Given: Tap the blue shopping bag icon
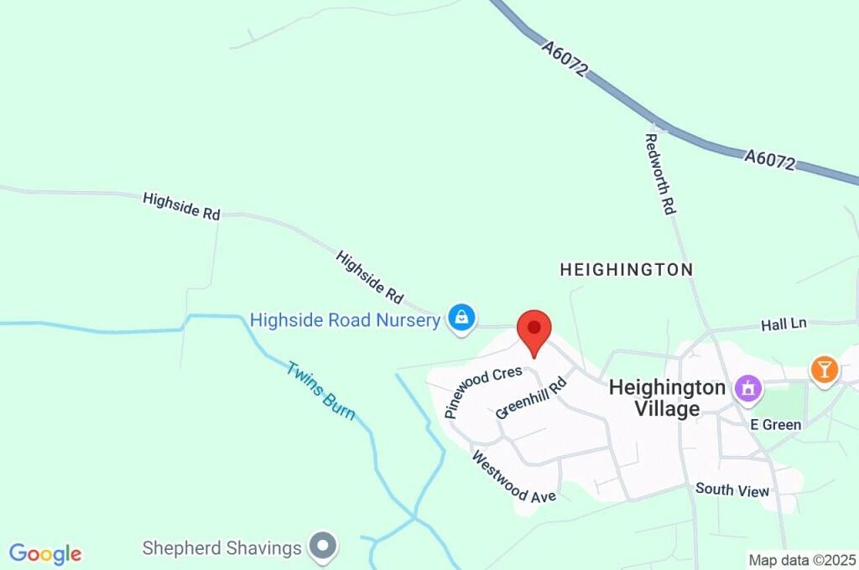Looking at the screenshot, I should click(461, 318).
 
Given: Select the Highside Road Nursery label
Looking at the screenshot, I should click(345, 320).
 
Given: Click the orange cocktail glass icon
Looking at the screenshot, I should click(824, 369).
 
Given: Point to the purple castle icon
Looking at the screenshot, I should click(746, 388).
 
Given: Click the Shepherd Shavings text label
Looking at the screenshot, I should click(221, 548).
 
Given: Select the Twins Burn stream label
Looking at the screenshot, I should click(320, 390).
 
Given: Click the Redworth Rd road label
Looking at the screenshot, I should click(660, 174).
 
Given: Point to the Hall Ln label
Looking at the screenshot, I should click(784, 324).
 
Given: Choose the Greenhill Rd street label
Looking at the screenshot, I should click(531, 398).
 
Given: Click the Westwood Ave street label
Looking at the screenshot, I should click(513, 477).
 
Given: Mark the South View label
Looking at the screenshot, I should click(732, 490).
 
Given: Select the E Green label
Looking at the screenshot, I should click(775, 424).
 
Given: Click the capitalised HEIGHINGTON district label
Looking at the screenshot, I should click(627, 270).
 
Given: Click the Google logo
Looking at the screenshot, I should click(45, 554).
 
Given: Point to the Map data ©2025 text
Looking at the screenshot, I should click(802, 559).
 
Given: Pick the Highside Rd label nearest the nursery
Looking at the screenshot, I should click(370, 277).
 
